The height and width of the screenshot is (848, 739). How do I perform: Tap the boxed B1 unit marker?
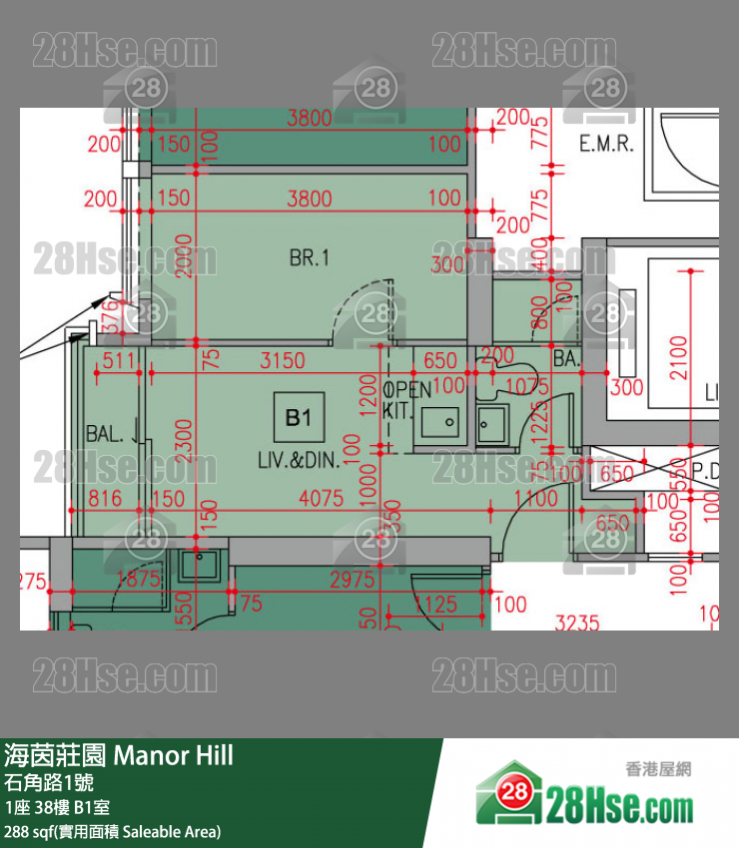[x=299, y=417]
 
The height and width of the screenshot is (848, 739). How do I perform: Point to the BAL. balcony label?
[x=105, y=434]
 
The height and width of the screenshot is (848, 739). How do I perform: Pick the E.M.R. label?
[x=606, y=145]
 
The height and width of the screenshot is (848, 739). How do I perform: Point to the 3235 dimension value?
[x=577, y=623]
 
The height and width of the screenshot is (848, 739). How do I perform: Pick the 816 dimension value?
[x=105, y=498]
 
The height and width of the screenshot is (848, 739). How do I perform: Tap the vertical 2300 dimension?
[x=182, y=437]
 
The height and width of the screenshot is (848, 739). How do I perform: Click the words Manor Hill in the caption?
[x=174, y=755]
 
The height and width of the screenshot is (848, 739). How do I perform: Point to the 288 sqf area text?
[x=113, y=831]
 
